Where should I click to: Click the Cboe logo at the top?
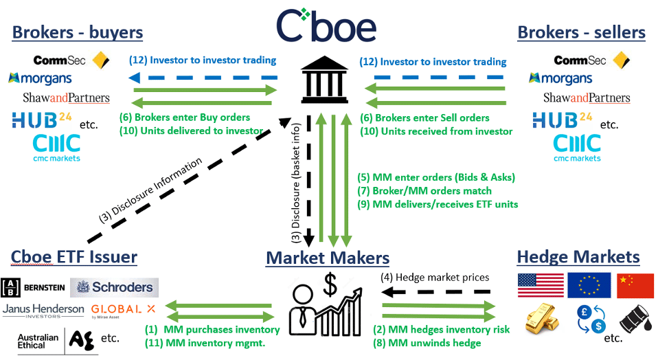(x=326, y=26)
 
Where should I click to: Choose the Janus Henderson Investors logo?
(x=43, y=311)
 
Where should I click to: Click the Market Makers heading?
(x=328, y=258)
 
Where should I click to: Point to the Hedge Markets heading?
(x=578, y=258)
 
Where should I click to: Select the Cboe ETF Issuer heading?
(x=74, y=258)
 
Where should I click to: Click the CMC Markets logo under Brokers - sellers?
(x=577, y=147)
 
